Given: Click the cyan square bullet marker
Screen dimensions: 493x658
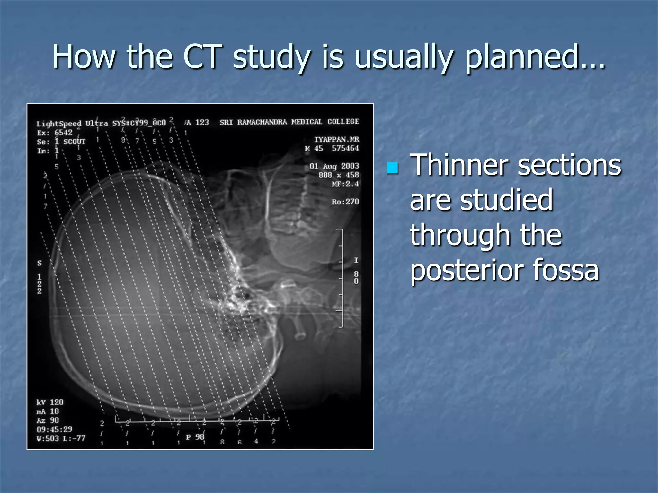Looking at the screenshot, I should [392, 168].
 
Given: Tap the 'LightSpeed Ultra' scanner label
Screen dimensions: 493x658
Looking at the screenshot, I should [72, 124].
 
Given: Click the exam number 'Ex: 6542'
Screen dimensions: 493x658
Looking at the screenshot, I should [55, 133].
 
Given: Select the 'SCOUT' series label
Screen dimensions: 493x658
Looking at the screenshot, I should [74, 142].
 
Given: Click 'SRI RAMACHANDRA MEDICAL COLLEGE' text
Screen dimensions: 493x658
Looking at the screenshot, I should [289, 122].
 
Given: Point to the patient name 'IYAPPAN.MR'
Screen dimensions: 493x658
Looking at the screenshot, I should [336, 139].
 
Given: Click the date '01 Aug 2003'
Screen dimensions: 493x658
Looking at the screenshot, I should [334, 166].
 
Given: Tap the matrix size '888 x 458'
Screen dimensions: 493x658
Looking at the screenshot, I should [338, 175].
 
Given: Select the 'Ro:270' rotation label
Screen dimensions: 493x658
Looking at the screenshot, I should [345, 202].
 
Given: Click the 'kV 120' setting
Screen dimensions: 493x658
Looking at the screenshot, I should [50, 402].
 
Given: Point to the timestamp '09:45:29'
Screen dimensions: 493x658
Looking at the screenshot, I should [54, 429].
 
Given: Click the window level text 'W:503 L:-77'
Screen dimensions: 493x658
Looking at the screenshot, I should [61, 438].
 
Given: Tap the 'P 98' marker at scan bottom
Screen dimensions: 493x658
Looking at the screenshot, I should [195, 437].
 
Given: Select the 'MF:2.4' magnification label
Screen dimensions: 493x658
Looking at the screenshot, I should [345, 184].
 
